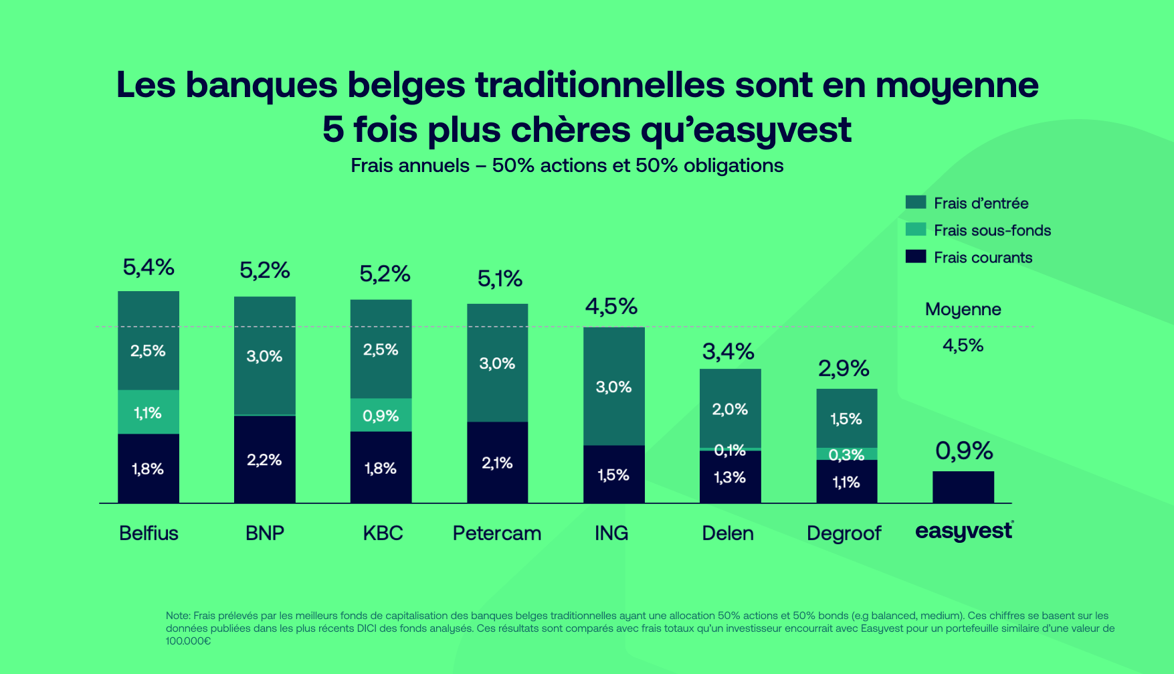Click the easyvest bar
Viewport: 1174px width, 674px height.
(x=963, y=487)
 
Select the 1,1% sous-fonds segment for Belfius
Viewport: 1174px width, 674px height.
(x=148, y=412)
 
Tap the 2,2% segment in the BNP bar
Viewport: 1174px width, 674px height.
(x=264, y=460)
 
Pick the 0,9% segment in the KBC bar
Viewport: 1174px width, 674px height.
(x=381, y=416)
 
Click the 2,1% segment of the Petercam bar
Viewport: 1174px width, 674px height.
(x=497, y=462)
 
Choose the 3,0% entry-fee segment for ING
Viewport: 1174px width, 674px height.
(x=613, y=387)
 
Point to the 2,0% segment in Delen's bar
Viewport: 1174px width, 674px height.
(x=730, y=409)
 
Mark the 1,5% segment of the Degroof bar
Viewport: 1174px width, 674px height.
(x=846, y=419)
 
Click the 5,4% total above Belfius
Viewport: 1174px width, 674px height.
(x=148, y=268)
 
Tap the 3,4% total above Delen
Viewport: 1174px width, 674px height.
(x=728, y=351)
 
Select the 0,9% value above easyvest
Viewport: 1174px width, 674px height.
(x=963, y=451)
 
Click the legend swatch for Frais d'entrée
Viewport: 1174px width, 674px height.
(x=915, y=202)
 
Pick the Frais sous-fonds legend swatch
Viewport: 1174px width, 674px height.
(x=915, y=230)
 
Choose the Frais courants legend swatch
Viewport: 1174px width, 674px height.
(x=915, y=256)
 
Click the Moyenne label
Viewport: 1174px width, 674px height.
(x=963, y=309)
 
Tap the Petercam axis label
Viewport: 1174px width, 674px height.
(x=496, y=533)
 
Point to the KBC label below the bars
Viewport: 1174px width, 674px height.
(x=383, y=533)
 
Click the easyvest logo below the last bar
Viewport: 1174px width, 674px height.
(x=963, y=531)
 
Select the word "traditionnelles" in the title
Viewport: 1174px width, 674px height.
(x=599, y=85)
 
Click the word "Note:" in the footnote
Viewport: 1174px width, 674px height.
(x=178, y=616)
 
